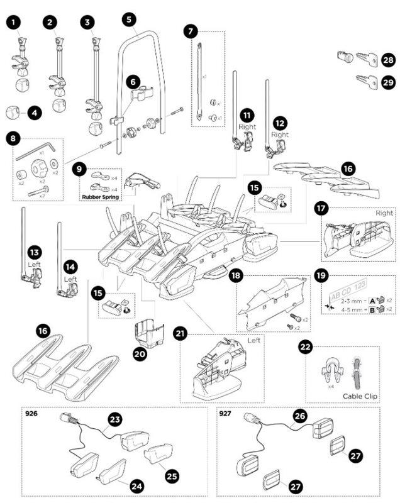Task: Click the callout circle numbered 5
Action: click(x=128, y=19)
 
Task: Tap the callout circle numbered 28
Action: click(x=387, y=60)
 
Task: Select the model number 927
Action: click(x=225, y=414)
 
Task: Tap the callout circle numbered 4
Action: click(x=33, y=113)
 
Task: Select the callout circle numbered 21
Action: click(x=182, y=335)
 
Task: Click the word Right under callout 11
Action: click(x=247, y=126)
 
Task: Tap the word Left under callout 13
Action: click(x=34, y=265)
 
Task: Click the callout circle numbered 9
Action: click(x=79, y=169)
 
